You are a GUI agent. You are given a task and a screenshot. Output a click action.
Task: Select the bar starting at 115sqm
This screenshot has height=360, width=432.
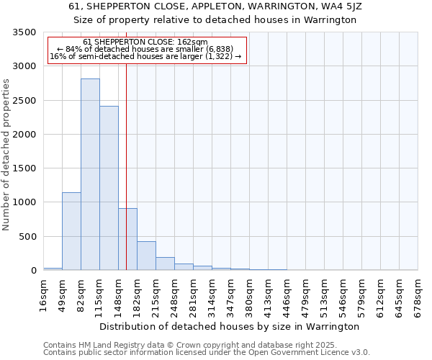click(x=109, y=188)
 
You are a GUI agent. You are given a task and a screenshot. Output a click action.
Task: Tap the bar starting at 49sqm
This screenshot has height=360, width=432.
click(x=71, y=231)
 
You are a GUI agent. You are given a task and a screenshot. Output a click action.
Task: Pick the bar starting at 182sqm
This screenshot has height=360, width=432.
click(x=146, y=256)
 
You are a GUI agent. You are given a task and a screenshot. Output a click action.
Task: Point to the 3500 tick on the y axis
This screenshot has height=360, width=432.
click(x=24, y=32)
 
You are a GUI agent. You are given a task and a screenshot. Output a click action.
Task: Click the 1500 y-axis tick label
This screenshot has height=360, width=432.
click(x=24, y=168)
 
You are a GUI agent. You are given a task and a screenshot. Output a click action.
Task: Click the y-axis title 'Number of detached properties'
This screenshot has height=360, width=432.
click(x=7, y=155)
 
